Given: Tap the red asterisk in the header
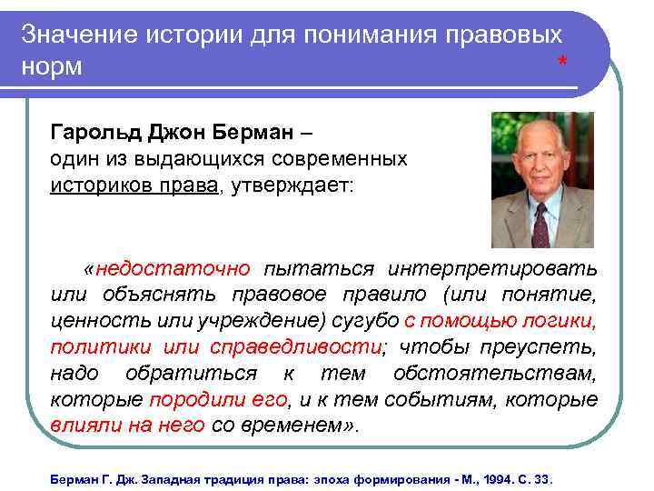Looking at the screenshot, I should click(563, 63).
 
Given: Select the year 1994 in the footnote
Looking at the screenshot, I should click(493, 478).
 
